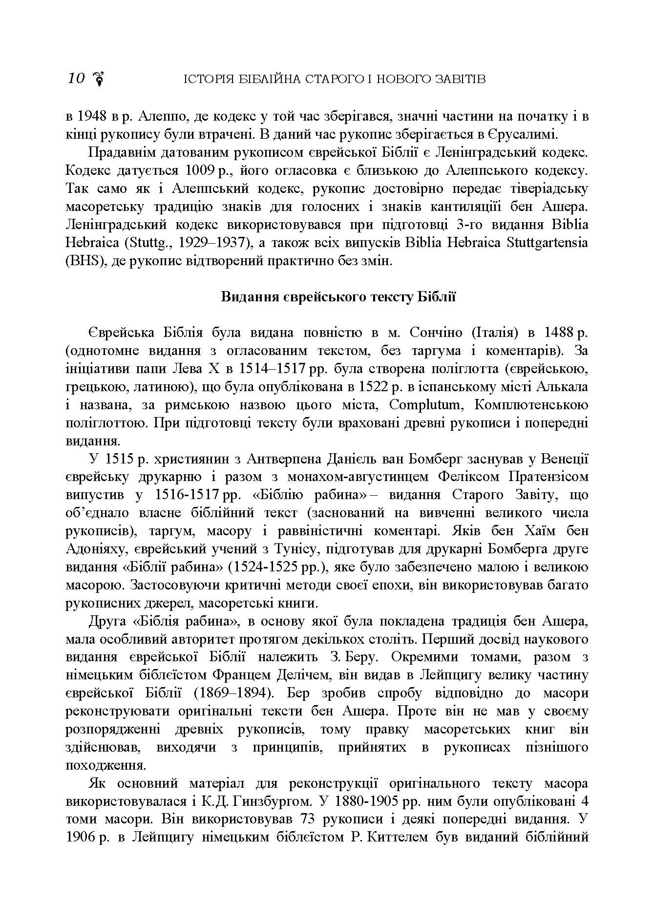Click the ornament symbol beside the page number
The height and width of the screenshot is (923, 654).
(x=99, y=79)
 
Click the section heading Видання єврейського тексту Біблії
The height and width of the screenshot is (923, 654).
(x=338, y=297)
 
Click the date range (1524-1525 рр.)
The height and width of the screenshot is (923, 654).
(x=276, y=567)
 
